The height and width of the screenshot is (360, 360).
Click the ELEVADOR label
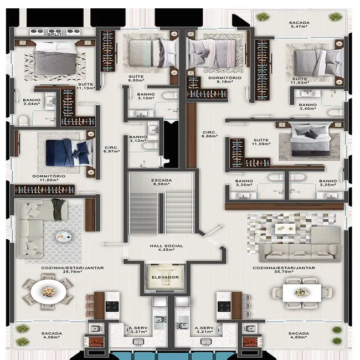pyautogui.click(x=164, y=276)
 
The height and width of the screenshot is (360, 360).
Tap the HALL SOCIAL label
pyautogui.click(x=163, y=247)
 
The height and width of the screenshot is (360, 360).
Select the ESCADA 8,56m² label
pyautogui.click(x=162, y=183)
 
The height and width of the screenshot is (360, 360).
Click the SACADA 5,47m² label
pyautogui.click(x=299, y=24)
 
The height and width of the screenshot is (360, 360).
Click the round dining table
pyautogui.click(x=49, y=291)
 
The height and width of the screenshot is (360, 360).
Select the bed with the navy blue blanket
pyautogui.click(x=69, y=152)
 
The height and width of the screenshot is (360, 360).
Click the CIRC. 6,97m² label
pyautogui.click(x=111, y=149)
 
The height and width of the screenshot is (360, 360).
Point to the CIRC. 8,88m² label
pyautogui.click(x=209, y=135)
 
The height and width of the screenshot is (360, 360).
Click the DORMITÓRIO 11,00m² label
pyautogui.click(x=49, y=178)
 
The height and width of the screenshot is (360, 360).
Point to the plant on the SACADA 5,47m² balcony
pyautogui.click(x=334, y=17)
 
